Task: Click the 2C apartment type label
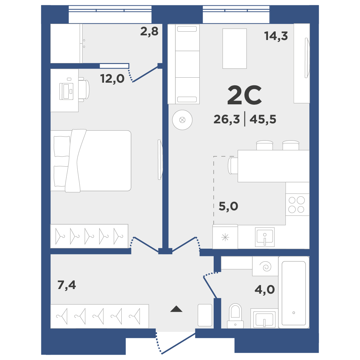click(x=245, y=95)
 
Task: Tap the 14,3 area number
click(x=276, y=36)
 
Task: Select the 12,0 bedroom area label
click(x=112, y=79)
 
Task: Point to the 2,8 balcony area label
click(x=149, y=31)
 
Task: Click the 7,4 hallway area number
click(x=67, y=285)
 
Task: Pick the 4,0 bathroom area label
click(x=265, y=290)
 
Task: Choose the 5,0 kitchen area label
click(x=228, y=206)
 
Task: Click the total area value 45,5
click(x=263, y=119)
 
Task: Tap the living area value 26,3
click(x=227, y=119)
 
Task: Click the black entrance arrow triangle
click(x=176, y=309)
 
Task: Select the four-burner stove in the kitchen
click(x=297, y=205)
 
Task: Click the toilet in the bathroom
click(x=235, y=316)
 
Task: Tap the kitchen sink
click(x=265, y=237)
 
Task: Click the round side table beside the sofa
click(x=182, y=120)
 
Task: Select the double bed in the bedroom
click(x=91, y=161)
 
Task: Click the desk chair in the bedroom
click(x=84, y=90)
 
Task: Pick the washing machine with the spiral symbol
click(x=265, y=266)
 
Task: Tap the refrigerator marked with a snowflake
click(x=225, y=237)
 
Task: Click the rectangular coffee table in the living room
click(x=235, y=49)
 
